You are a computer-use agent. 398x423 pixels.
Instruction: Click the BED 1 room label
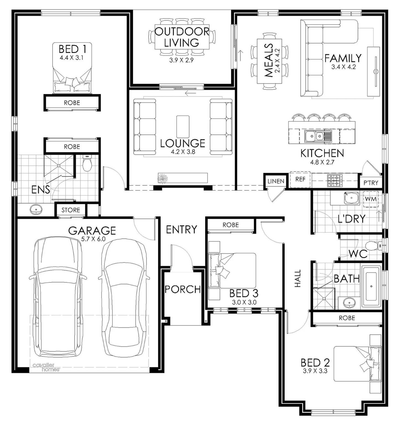[72, 49]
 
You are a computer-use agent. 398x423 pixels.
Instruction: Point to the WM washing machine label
[370, 199]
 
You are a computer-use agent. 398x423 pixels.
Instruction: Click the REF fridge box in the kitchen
[300, 179]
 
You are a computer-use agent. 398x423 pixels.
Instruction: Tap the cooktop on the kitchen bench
[334, 180]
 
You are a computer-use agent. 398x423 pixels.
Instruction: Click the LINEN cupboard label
[276, 181]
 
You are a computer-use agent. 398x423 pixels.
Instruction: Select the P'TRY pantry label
[371, 183]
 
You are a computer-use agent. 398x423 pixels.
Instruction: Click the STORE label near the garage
[70, 210]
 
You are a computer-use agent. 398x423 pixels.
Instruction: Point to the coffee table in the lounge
[183, 126]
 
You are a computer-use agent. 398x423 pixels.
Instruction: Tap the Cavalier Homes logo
[46, 367]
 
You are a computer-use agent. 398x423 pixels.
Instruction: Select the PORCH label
[182, 289]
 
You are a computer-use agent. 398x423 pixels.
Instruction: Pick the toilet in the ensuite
[87, 164]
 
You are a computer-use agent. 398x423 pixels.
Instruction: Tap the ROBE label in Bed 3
[231, 225]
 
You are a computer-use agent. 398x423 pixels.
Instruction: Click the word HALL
[298, 279]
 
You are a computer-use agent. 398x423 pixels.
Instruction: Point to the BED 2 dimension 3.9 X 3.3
[315, 371]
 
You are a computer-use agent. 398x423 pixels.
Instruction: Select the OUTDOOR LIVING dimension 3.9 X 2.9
[181, 60]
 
